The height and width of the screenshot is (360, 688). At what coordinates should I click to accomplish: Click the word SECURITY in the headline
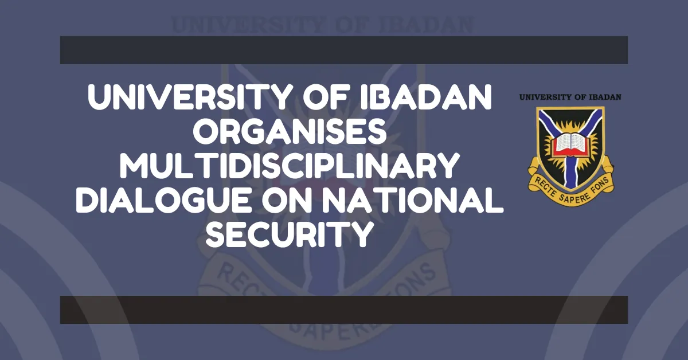pos(290,234)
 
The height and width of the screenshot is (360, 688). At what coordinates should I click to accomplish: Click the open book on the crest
pos(570,140)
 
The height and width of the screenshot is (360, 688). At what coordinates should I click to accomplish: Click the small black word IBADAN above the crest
pos(604,97)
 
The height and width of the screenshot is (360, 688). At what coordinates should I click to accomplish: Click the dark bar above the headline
pos(343,50)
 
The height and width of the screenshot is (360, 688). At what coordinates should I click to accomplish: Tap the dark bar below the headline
pos(343,310)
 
